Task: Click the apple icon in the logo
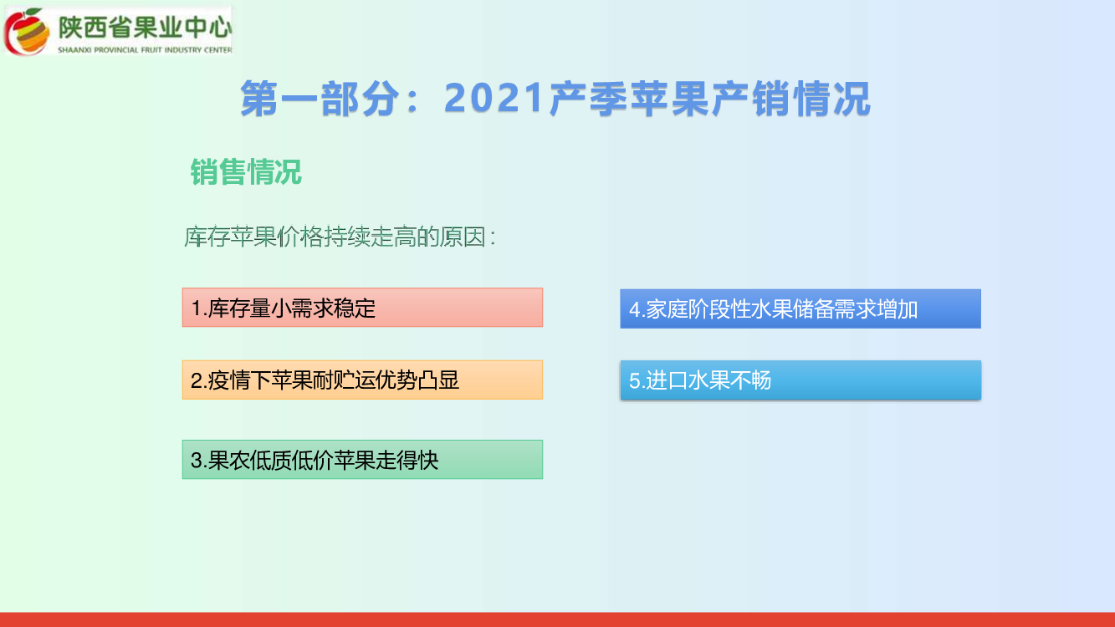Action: click(x=27, y=32)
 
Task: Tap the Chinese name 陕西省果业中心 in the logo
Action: click(x=145, y=27)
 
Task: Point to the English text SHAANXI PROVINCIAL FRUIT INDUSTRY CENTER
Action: click(x=145, y=50)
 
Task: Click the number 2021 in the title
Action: click(x=494, y=98)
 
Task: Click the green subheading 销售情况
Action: click(x=246, y=172)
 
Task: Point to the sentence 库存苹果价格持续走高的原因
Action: click(x=335, y=237)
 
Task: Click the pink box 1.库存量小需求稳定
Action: click(x=362, y=308)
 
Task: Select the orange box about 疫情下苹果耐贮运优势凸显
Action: click(x=362, y=380)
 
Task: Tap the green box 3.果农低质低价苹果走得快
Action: click(x=362, y=459)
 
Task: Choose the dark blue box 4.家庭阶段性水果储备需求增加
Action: click(x=800, y=308)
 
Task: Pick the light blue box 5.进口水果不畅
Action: click(x=800, y=380)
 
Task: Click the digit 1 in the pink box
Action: click(x=196, y=308)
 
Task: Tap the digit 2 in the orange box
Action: click(x=196, y=380)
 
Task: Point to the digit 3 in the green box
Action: click(x=196, y=461)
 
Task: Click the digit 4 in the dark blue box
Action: click(x=635, y=309)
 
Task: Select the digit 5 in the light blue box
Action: click(x=635, y=381)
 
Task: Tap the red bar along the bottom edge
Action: click(x=557, y=619)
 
